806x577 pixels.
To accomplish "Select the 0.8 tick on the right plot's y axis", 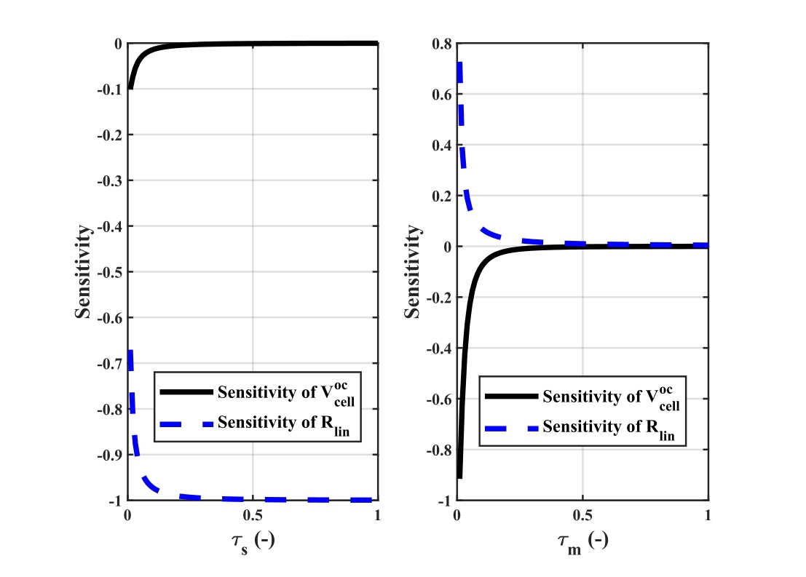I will [440, 44].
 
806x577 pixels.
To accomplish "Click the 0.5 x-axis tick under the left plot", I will [253, 515].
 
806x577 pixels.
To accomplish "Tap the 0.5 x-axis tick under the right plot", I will [582, 515].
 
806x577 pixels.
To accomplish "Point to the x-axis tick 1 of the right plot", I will [708, 515].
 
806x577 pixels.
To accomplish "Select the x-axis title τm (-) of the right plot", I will [582, 541].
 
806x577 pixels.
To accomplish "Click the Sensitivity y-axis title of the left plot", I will [84, 271].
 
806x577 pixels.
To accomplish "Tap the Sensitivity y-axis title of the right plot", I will [414, 271].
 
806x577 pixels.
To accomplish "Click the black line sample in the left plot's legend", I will [186, 392].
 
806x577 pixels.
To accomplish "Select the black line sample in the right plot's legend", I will [511, 397].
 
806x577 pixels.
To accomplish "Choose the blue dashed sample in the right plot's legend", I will [511, 428].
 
